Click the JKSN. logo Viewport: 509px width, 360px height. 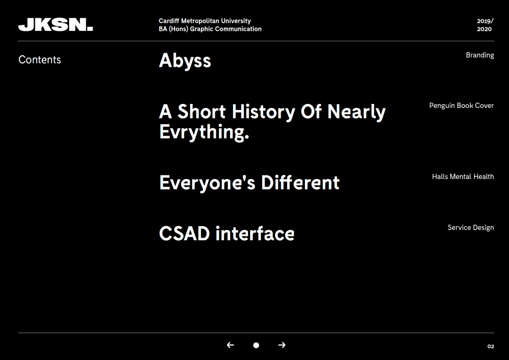(56, 25)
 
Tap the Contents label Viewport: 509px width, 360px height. (40, 60)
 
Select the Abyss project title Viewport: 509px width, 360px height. (185, 61)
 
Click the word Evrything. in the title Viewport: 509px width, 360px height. (204, 132)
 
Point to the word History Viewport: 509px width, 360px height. (264, 112)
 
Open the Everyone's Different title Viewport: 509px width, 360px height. (249, 182)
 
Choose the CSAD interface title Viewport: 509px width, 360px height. (226, 234)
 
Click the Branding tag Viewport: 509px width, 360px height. (480, 56)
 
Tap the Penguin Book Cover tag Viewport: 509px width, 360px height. (461, 106)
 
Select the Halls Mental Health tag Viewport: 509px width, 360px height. (463, 177)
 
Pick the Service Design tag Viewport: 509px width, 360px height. (471, 228)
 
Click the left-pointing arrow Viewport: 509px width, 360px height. (230, 345)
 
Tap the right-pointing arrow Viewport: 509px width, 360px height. (282, 345)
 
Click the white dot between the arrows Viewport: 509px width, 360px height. (256, 346)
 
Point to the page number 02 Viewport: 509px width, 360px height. (491, 347)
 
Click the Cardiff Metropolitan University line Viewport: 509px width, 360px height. (205, 21)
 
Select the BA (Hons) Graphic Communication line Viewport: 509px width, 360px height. (210, 29)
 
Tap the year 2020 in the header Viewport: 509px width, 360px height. (484, 29)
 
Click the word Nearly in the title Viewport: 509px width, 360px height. (356, 112)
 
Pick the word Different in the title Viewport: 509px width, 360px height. (300, 182)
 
